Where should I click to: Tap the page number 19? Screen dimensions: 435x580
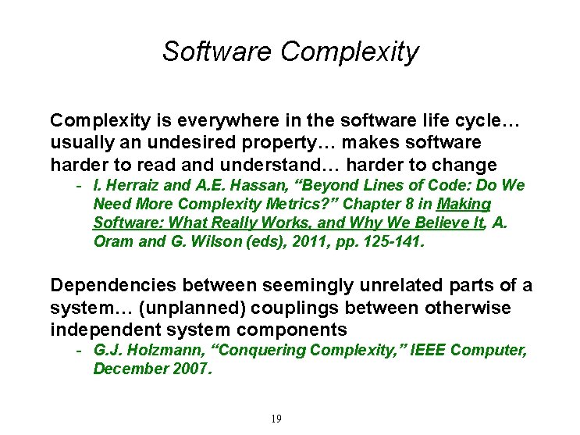tap(276, 419)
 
